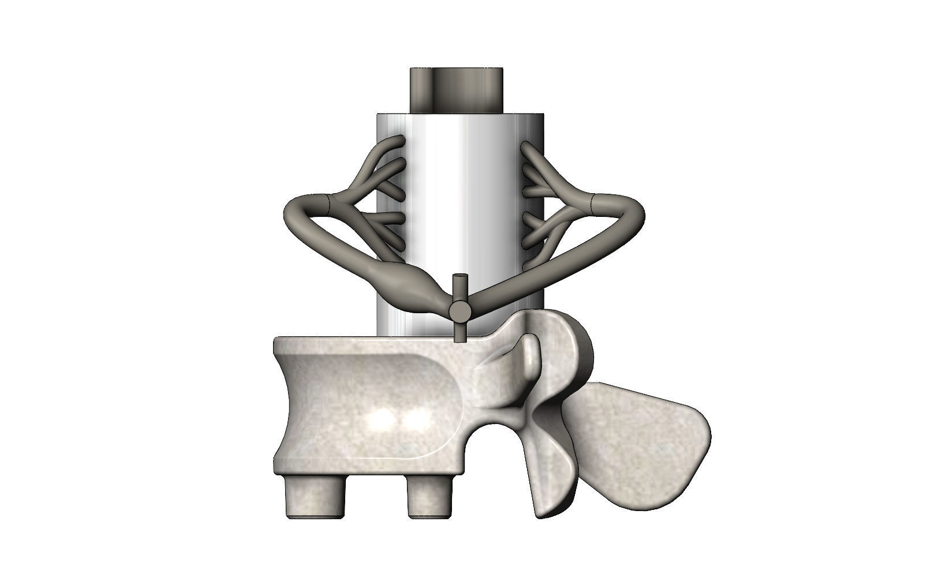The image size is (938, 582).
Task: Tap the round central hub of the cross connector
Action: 459,312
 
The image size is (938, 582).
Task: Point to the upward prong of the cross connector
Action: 459,284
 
